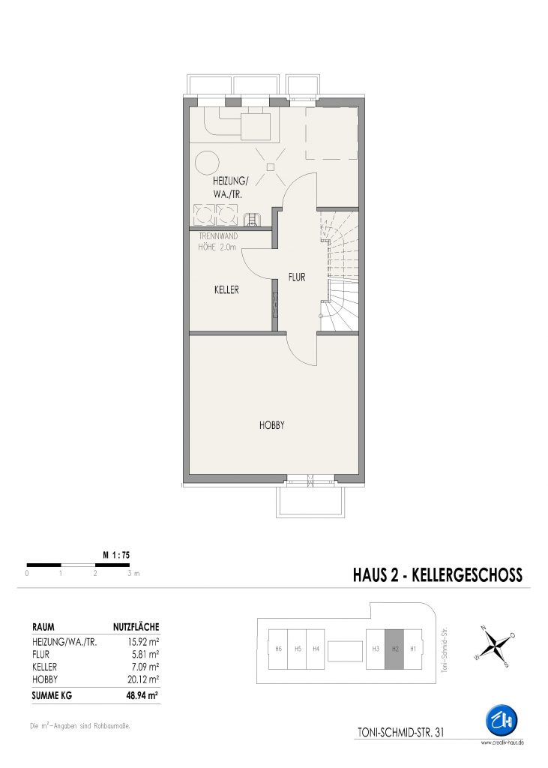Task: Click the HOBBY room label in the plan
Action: coord(272,425)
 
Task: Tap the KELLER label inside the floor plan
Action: coord(226,289)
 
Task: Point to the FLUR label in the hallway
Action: coord(297,277)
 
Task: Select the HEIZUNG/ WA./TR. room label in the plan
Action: coord(230,187)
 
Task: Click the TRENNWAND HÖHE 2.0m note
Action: coord(218,241)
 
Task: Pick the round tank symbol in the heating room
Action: coord(207,162)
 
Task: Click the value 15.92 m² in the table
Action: coord(143,642)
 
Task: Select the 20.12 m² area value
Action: coord(143,679)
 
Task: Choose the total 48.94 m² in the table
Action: coord(142,695)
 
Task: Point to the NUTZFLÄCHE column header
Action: coord(136,627)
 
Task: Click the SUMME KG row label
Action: coord(52,695)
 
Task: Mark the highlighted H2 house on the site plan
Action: coord(395,649)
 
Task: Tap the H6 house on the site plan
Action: coord(278,649)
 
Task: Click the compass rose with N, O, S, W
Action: coord(494,646)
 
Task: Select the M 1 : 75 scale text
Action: coord(116,555)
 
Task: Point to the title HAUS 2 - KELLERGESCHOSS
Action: coord(437,574)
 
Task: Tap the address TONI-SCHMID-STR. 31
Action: coord(400,733)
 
